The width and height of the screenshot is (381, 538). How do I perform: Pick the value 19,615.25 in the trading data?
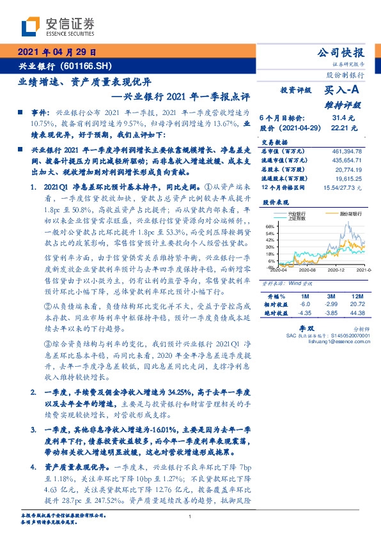click(348, 180)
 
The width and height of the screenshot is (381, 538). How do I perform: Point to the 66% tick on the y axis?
click(270, 226)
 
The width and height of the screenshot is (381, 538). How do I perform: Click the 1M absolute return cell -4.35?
click(306, 312)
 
